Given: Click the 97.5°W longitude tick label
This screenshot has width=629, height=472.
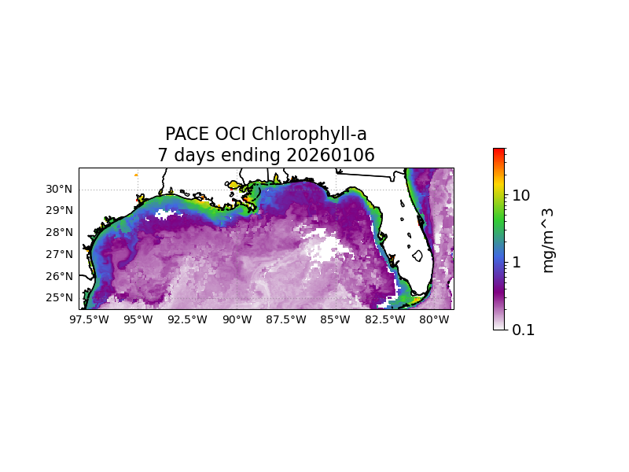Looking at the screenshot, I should click(89, 319).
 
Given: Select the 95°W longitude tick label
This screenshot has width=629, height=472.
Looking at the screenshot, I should click(138, 319).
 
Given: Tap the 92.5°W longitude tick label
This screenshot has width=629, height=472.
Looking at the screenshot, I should click(187, 319).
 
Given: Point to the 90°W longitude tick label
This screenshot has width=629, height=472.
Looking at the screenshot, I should click(237, 319).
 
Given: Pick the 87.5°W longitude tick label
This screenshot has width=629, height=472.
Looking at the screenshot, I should click(286, 319).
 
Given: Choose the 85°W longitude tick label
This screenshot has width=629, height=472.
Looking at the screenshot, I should click(336, 319).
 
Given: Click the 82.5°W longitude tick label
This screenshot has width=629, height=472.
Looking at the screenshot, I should click(385, 319).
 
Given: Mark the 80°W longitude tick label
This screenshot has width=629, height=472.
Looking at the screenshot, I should click(434, 319).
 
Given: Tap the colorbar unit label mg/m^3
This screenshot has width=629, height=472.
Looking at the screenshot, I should click(548, 240).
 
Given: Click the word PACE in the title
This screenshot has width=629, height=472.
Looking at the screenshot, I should click(185, 135).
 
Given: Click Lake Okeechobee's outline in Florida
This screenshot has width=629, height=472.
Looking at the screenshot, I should click(417, 256).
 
